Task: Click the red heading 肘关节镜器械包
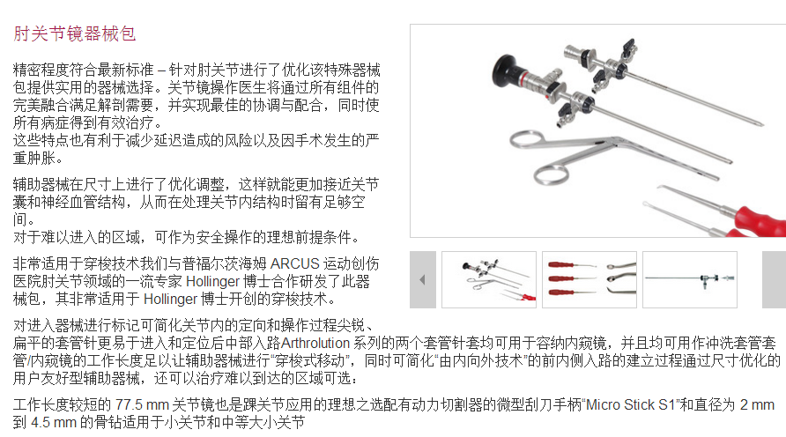[74, 33]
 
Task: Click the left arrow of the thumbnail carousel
[423, 279]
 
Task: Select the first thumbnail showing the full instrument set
[489, 279]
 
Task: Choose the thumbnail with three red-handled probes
[589, 279]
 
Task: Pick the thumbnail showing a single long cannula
[690, 279]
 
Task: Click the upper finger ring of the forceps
[526, 140]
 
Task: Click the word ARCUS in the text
[294, 263]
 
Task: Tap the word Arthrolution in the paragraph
[315, 343]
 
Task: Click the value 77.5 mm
[142, 404]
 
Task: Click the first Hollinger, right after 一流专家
[213, 281]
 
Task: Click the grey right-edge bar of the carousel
[774, 279]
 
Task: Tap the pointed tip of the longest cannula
[762, 124]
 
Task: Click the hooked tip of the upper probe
[661, 188]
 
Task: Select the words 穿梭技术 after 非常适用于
[112, 263]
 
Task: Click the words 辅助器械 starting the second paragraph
[41, 184]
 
